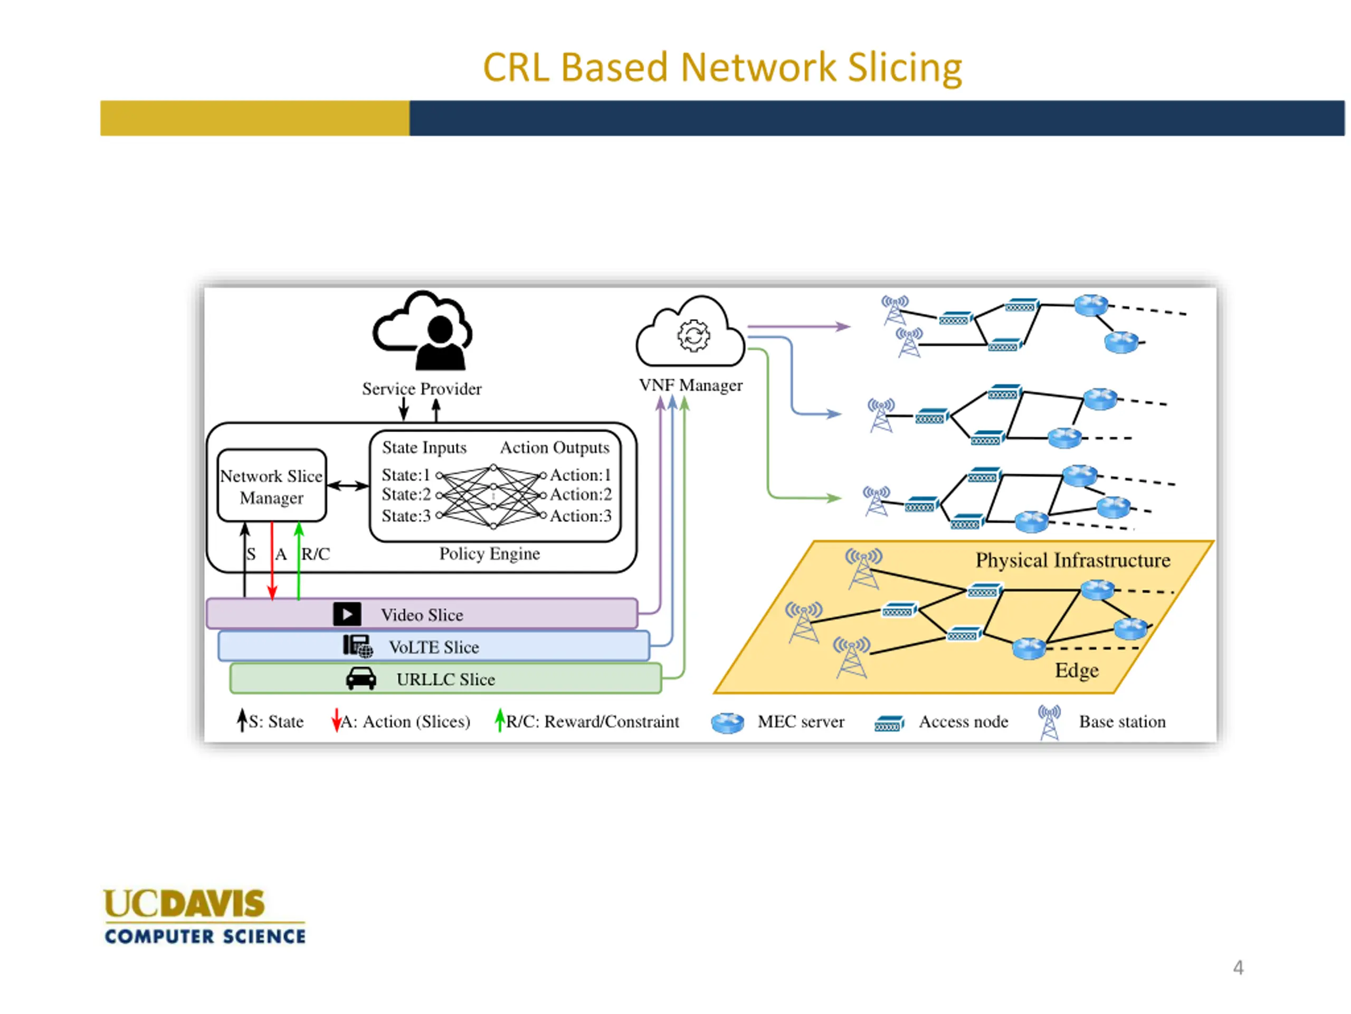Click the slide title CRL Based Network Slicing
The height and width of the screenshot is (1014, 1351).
coord(722,67)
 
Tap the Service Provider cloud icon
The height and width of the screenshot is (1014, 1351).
coord(423,331)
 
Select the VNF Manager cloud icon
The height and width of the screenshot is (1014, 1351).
coord(691,332)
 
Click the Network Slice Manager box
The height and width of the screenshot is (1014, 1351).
coord(272,486)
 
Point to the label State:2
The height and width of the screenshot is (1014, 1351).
coord(406,494)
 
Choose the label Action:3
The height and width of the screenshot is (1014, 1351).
coord(580,516)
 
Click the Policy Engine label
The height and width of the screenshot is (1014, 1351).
coord(490,554)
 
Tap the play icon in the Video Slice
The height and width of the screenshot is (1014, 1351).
coord(347,614)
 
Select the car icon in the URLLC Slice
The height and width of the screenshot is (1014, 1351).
coord(361,679)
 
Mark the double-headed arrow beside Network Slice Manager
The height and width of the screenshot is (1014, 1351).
coord(348,486)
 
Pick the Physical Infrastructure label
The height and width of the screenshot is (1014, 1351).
coord(1073,560)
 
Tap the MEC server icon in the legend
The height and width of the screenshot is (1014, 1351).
coord(727,723)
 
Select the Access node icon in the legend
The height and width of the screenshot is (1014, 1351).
coord(889,724)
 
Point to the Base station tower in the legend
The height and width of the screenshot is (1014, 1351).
coord(1049,722)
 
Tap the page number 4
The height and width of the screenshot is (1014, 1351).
coord(1238,968)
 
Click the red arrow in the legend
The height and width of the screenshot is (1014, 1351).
coord(336,720)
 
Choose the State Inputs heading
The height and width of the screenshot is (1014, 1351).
coord(424,448)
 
